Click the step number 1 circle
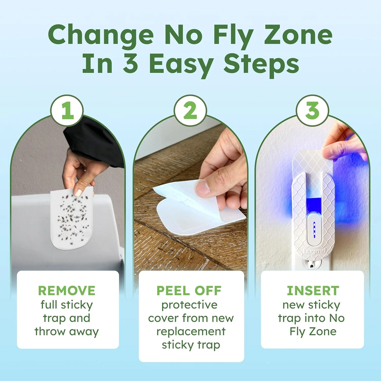[67, 110]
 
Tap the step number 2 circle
[190, 110]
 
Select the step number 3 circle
[312, 110]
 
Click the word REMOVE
[67, 291]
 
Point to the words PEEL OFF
[189, 291]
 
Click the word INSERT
[313, 291]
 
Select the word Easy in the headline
[181, 64]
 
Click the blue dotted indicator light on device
[314, 230]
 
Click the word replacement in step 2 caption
[191, 331]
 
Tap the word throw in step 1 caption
[50, 331]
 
